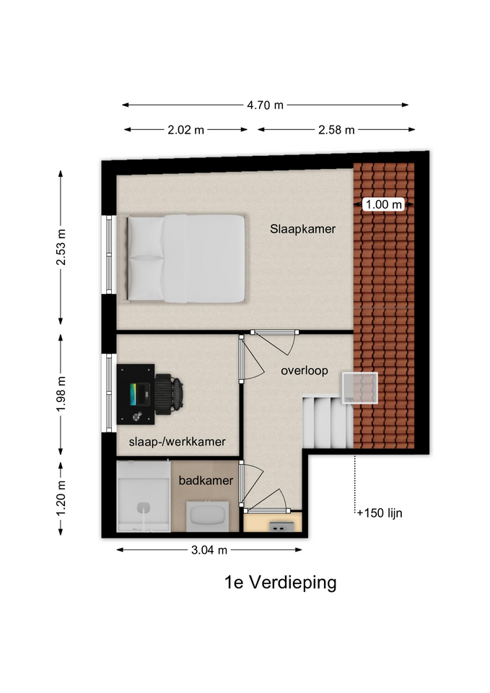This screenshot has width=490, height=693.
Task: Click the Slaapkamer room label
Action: click(x=302, y=229)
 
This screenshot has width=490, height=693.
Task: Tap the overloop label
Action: click(x=305, y=370)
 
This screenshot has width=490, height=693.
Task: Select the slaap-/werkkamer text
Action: click(x=178, y=442)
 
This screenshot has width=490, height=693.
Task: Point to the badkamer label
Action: click(x=206, y=481)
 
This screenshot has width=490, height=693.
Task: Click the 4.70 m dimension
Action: click(x=265, y=105)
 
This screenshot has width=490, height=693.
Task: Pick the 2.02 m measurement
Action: click(x=185, y=130)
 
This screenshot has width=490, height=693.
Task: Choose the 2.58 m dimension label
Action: click(x=336, y=130)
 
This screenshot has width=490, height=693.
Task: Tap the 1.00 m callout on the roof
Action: click(x=384, y=204)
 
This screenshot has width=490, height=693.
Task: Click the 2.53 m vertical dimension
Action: click(x=61, y=247)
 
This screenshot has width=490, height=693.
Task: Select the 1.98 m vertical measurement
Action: click(x=61, y=394)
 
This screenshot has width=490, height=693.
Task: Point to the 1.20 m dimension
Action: click(x=61, y=498)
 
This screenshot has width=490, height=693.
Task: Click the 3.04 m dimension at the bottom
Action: click(x=209, y=550)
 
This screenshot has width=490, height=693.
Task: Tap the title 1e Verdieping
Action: click(x=281, y=583)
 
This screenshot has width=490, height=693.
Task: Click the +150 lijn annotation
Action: click(x=380, y=513)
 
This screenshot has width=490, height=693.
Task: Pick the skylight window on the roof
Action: click(x=360, y=388)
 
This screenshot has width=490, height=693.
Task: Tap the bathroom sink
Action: click(x=208, y=516)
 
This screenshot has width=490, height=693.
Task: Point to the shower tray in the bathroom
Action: click(x=144, y=497)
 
